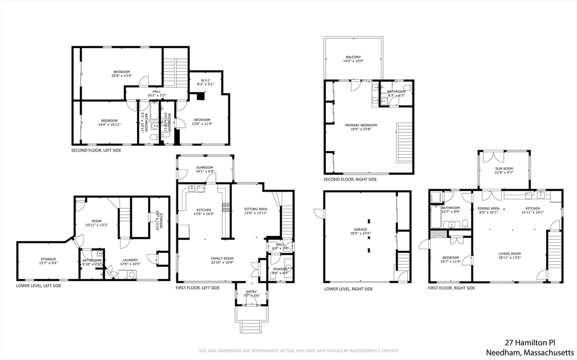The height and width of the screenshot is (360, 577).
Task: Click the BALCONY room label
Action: click(353, 57)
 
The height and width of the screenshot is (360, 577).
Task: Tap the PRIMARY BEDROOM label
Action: click(361, 125)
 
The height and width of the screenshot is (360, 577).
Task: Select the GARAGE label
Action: click(361, 229)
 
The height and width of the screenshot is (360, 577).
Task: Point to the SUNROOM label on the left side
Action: click(205, 167)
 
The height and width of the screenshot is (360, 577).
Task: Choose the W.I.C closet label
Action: click(204, 81)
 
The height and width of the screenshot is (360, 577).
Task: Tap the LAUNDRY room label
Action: click(130, 260)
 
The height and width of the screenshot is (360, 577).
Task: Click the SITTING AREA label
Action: click(255, 210)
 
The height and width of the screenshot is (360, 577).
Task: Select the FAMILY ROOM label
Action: click(222, 259)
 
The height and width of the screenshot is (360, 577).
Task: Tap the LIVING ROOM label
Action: click(509, 254)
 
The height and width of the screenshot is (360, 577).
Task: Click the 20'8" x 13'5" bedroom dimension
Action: click(122, 76)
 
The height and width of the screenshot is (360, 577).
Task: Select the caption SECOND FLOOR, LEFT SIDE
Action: click(96, 150)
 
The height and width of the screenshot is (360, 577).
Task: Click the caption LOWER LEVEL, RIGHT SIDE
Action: click(348, 289)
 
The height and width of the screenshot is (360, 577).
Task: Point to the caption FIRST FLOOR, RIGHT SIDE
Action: click(451, 288)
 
